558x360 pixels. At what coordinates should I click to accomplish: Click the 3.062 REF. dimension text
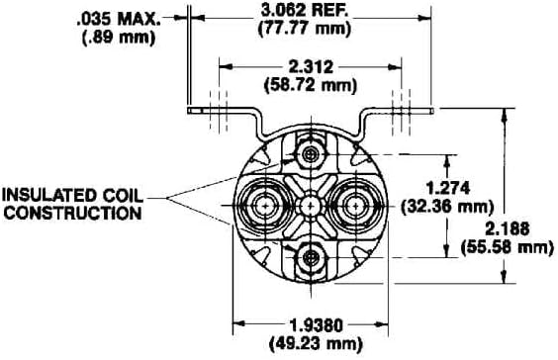304,10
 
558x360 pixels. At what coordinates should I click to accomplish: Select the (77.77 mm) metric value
305,29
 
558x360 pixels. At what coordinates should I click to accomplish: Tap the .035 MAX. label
119,20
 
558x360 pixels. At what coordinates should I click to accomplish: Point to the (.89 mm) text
119,38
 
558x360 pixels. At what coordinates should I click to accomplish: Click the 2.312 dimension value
311,67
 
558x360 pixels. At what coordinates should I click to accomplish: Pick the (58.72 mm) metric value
311,85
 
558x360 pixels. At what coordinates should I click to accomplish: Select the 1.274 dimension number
447,188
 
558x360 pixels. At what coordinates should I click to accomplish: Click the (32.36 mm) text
447,207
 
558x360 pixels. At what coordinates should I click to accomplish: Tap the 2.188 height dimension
508,229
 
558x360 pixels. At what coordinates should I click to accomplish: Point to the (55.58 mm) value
508,247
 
